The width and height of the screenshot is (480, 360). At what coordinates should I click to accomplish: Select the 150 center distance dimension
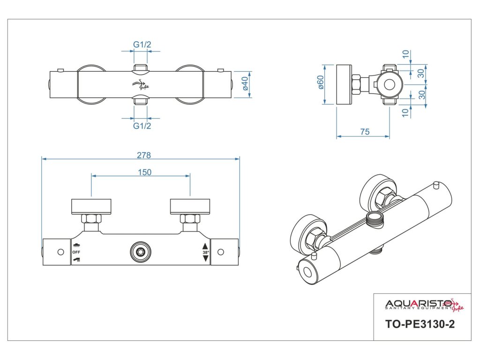point(145,172)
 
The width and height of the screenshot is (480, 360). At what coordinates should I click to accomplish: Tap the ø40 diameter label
point(244,85)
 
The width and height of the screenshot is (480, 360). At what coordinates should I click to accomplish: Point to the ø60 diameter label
point(321,85)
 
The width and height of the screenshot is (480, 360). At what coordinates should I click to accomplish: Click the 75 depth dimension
point(365,132)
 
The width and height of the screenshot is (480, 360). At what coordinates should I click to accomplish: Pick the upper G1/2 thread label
point(142,45)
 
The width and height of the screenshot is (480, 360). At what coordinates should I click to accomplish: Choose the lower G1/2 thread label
point(142,126)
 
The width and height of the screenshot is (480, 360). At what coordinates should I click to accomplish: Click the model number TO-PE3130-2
point(420,324)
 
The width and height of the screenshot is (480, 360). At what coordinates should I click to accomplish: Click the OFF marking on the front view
point(76,252)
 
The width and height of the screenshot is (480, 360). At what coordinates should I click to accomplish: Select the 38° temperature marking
point(205,252)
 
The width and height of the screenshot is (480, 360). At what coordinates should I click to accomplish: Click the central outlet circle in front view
point(139,252)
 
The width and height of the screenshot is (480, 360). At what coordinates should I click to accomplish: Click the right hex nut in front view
point(190,218)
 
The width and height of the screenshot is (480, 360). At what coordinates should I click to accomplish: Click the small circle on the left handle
point(60,252)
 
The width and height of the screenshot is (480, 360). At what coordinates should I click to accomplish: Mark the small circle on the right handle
point(221,252)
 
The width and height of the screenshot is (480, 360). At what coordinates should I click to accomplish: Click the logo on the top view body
point(140,85)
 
